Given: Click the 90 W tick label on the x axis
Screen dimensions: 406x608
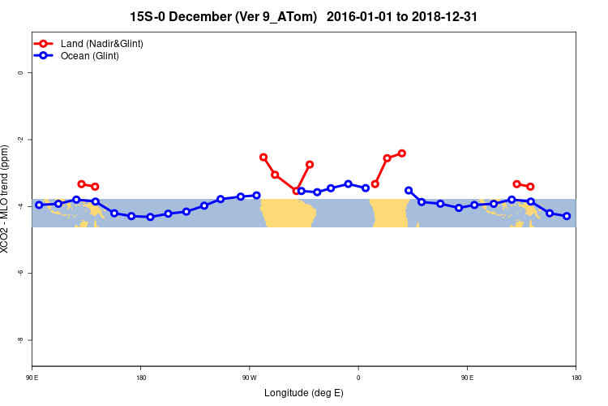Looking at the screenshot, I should [x=249, y=377].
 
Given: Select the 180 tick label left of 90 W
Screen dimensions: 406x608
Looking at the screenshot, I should [x=141, y=377].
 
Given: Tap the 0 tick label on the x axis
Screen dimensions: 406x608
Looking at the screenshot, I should [x=358, y=377].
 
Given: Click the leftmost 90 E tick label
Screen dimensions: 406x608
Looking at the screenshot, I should [x=32, y=377].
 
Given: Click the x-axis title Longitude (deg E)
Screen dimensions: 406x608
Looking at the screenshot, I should [x=304, y=393].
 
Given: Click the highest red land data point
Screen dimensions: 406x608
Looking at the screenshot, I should [x=401, y=153].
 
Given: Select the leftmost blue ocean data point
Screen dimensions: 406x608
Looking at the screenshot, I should [x=39, y=205].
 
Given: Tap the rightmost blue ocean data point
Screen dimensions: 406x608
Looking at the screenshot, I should [x=567, y=216].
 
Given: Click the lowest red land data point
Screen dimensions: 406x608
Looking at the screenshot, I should [x=296, y=191].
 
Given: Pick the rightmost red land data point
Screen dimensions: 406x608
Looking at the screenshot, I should [x=530, y=187].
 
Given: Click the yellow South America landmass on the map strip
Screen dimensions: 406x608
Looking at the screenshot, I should [x=287, y=214].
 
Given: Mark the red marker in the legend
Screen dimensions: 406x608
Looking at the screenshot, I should [x=45, y=43].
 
